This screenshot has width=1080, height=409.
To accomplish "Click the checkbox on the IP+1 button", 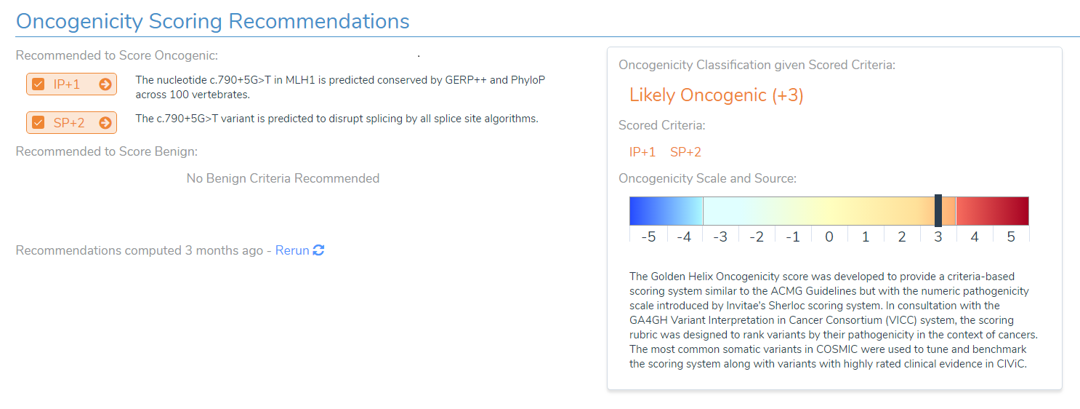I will pyautogui.click(x=39, y=84).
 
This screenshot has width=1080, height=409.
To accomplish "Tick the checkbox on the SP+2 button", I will pyautogui.click(x=39, y=122).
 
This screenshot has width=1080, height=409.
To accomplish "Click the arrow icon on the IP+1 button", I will pyautogui.click(x=105, y=84).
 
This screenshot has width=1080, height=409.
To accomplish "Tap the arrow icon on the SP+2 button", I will pyautogui.click(x=105, y=122).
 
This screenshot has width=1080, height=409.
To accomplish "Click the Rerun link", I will pyautogui.click(x=292, y=250).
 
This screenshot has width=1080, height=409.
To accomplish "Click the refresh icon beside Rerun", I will pyautogui.click(x=318, y=250).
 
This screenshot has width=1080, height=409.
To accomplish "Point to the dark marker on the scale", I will pyautogui.click(x=938, y=210).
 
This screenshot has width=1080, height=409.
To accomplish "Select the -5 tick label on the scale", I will pyautogui.click(x=648, y=237).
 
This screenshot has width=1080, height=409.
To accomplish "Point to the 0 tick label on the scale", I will pyautogui.click(x=829, y=237).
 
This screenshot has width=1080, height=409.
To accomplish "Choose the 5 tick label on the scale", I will pyautogui.click(x=1011, y=237).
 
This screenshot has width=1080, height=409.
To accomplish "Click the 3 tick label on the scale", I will pyautogui.click(x=938, y=237).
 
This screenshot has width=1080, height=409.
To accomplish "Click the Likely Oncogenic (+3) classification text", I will pyautogui.click(x=716, y=95).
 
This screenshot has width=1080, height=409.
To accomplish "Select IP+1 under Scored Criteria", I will pyautogui.click(x=642, y=152).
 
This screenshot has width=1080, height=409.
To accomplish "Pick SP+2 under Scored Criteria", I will pyautogui.click(x=685, y=152).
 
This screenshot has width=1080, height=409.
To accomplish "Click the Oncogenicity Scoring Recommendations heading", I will pyautogui.click(x=212, y=21).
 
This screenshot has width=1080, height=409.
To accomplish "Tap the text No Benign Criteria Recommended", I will pyautogui.click(x=283, y=178).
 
